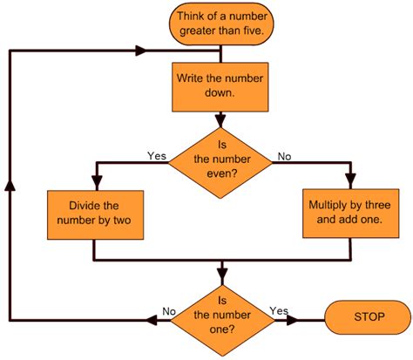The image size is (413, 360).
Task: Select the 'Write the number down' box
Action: tap(220, 86)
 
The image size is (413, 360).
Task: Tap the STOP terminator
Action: tap(366, 316)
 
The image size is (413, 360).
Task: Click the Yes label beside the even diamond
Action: tap(156, 157)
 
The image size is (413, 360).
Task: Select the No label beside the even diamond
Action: tap(284, 157)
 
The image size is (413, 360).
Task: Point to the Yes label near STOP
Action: tap(279, 310)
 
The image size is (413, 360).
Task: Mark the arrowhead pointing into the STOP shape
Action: tap(315, 317)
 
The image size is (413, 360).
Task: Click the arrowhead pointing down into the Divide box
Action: tap(93, 184)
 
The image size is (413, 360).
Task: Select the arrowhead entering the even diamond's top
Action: tap(220, 120)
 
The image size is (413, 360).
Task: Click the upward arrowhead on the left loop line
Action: tap(10, 186)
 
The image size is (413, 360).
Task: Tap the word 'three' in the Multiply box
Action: tap(365, 206)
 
